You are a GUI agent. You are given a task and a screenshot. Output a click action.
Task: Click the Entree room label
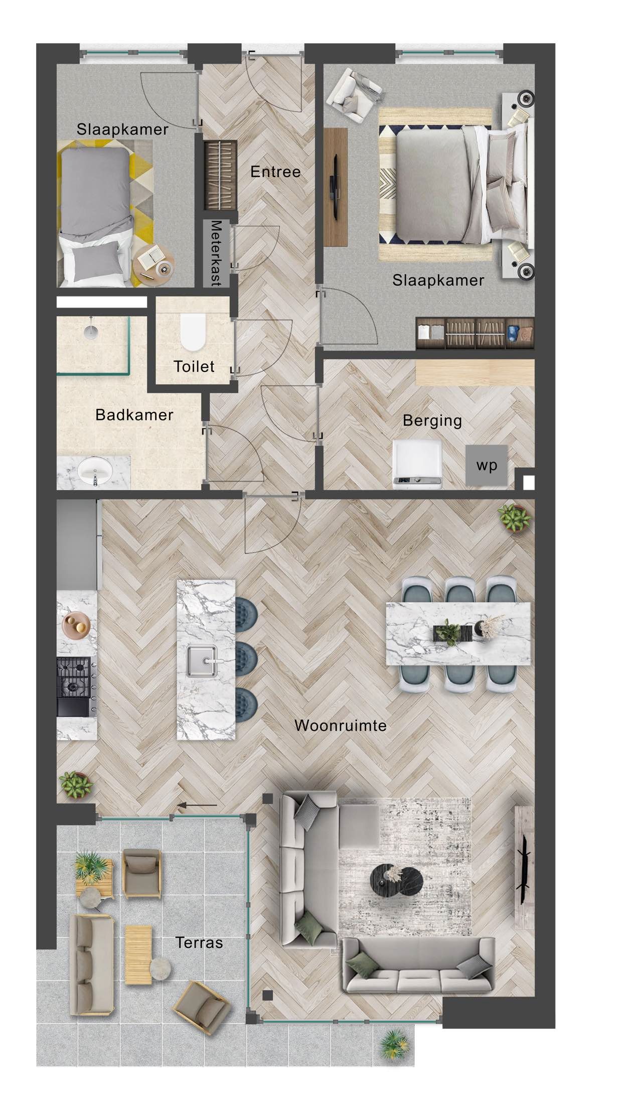tap(275, 172)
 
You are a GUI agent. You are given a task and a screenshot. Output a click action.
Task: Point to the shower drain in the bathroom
tap(91, 330)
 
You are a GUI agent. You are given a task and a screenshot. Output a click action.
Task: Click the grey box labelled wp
tap(486, 465)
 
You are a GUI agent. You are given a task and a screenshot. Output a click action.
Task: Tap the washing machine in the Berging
tap(417, 463)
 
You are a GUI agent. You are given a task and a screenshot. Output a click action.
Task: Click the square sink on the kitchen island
tap(202, 661)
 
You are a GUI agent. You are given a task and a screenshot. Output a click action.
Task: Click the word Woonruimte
tap(340, 726)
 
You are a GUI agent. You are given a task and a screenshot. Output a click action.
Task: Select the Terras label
tap(199, 942)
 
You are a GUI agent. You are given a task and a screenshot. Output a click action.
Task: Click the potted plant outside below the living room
tap(394, 1043)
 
